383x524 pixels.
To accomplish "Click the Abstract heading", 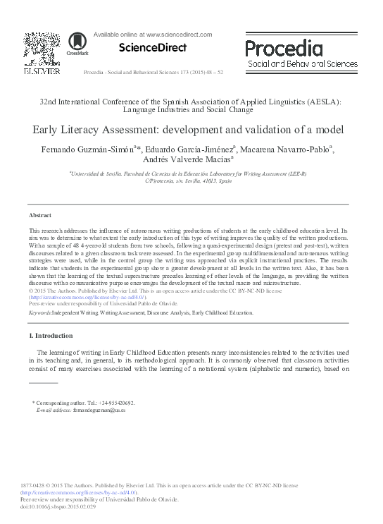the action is point(39,214).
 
